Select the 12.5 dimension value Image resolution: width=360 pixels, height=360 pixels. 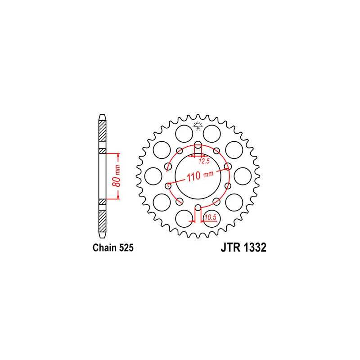205,161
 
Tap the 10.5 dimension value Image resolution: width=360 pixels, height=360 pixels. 209,217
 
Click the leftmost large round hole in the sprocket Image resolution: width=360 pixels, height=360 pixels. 153,175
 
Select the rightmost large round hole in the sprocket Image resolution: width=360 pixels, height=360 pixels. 243,175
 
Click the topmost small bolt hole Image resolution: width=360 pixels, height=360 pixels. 198,145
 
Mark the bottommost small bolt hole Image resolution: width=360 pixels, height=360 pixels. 198,207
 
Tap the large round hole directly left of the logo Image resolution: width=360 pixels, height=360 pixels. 183,133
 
